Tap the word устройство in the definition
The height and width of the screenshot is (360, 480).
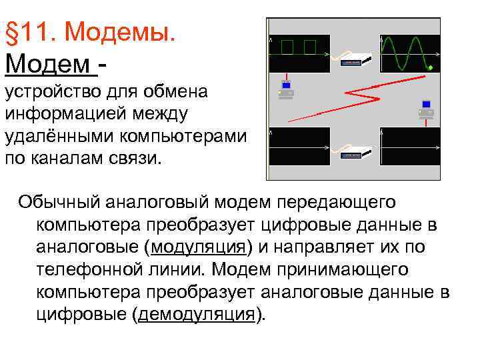pos(47,91)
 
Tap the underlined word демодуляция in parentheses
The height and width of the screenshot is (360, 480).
pos(197,314)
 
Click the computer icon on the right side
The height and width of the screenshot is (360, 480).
pos(427,109)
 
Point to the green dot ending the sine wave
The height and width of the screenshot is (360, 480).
pos(431,68)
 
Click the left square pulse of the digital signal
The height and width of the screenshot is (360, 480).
pos(287,47)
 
